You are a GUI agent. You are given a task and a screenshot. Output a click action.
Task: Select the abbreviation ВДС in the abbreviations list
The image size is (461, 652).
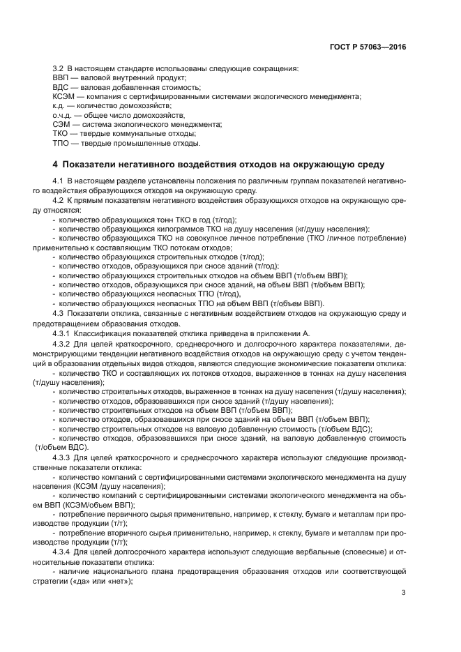61,87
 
